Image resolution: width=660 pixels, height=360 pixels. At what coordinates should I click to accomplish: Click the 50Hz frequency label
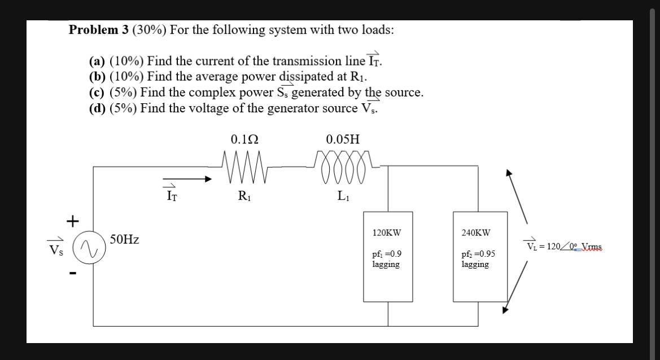125,240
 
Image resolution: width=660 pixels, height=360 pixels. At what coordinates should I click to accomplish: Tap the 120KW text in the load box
387,232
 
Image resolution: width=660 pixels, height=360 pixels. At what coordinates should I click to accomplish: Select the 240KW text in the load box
476,232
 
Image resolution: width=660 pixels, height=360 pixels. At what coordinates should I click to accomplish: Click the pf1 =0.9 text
387,254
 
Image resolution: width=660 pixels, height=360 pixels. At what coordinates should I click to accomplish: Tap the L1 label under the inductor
343,196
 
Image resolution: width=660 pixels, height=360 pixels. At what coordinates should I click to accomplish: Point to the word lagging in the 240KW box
475,264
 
